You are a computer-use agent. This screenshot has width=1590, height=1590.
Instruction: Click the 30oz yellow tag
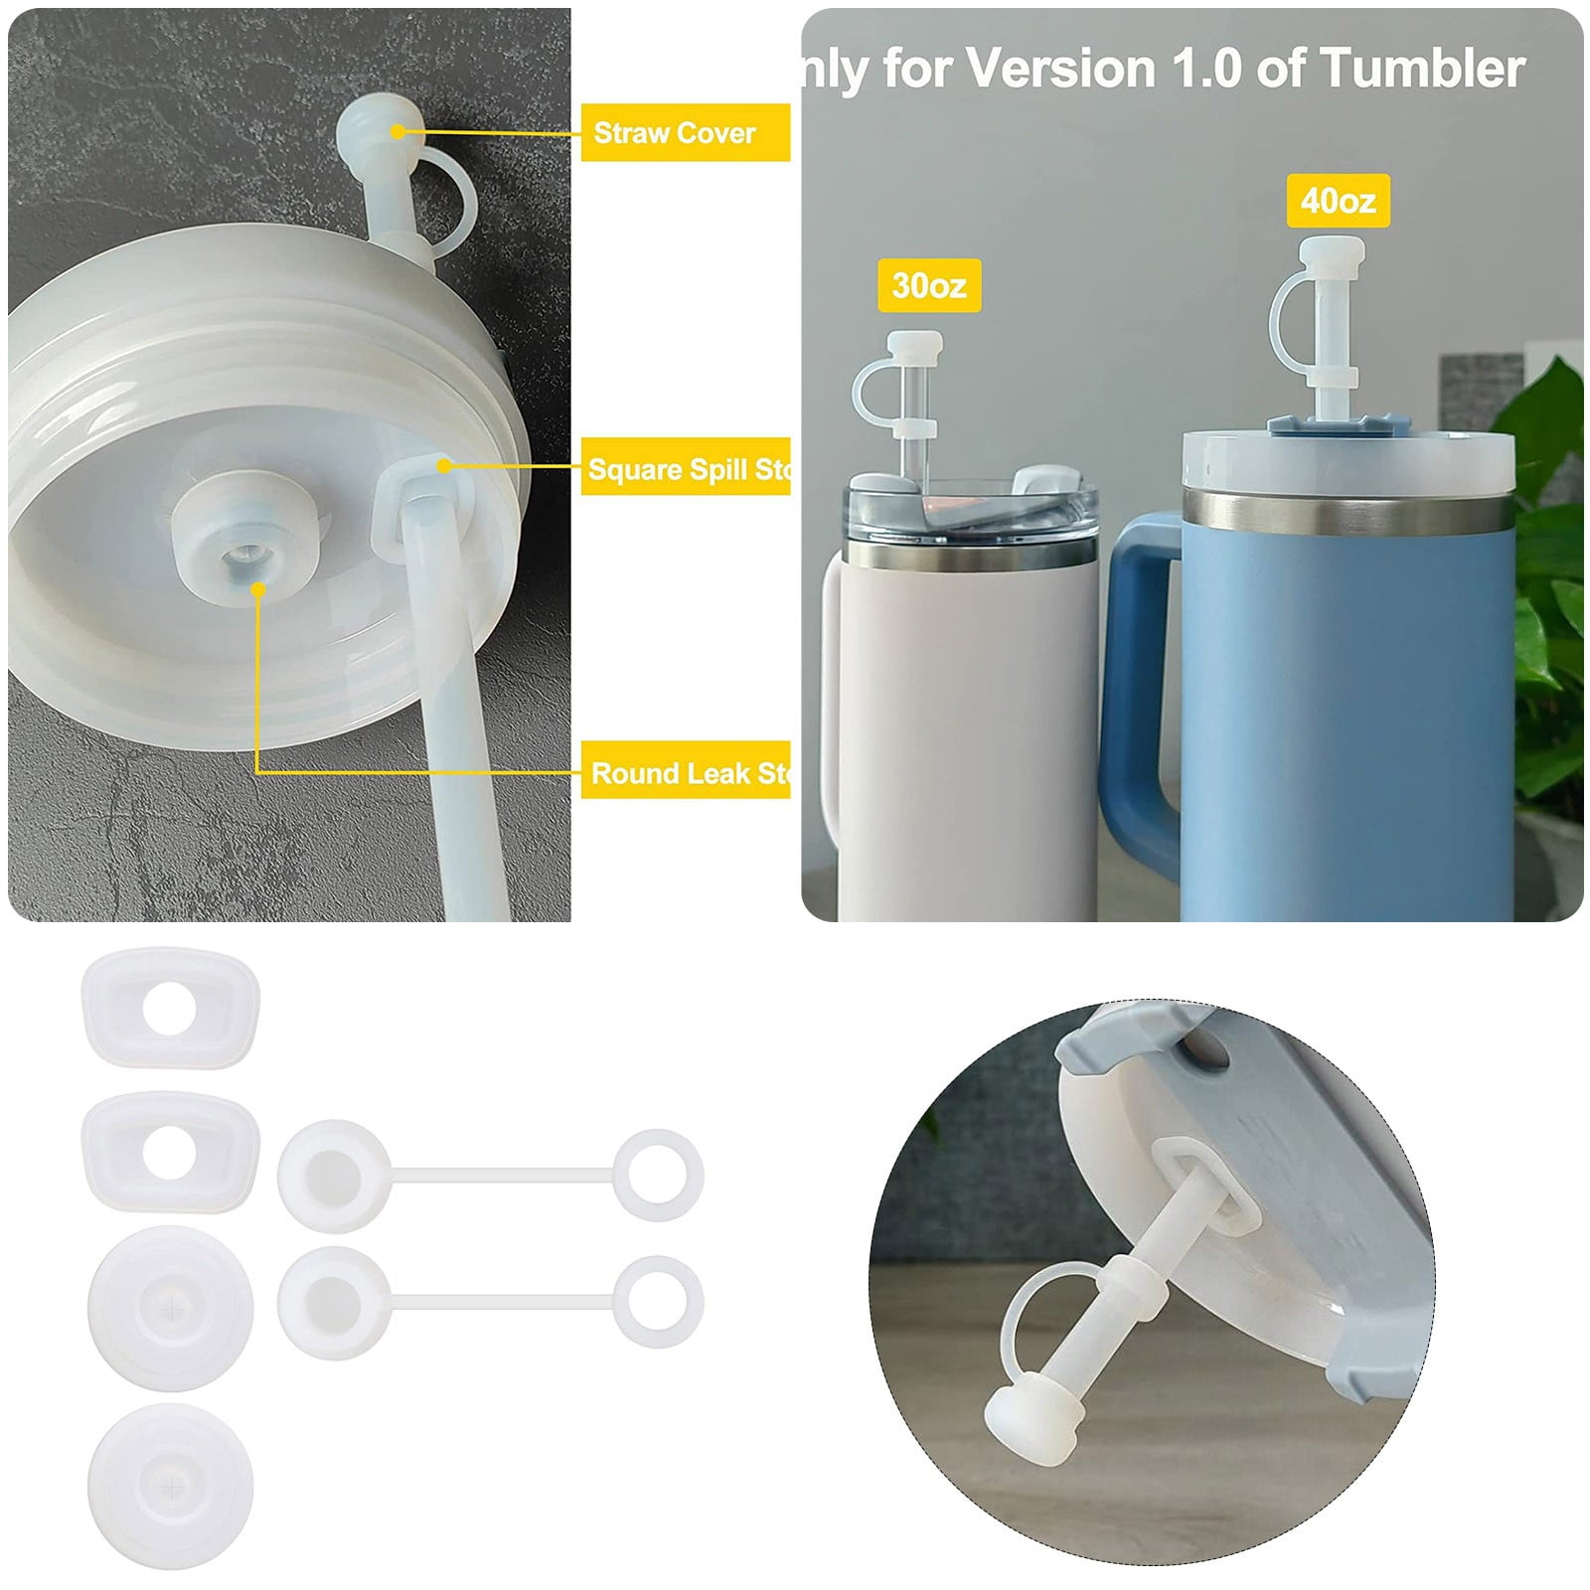coord(929,285)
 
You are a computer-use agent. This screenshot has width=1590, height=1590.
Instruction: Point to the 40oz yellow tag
coord(1338,201)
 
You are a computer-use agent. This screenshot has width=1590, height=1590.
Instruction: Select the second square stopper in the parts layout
coord(170,1152)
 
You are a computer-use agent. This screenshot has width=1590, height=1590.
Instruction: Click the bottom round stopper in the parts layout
coord(170,1486)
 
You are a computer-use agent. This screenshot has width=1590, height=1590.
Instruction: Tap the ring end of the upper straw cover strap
coord(659,1175)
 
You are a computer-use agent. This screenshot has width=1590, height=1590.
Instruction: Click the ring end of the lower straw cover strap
coord(659,1301)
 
